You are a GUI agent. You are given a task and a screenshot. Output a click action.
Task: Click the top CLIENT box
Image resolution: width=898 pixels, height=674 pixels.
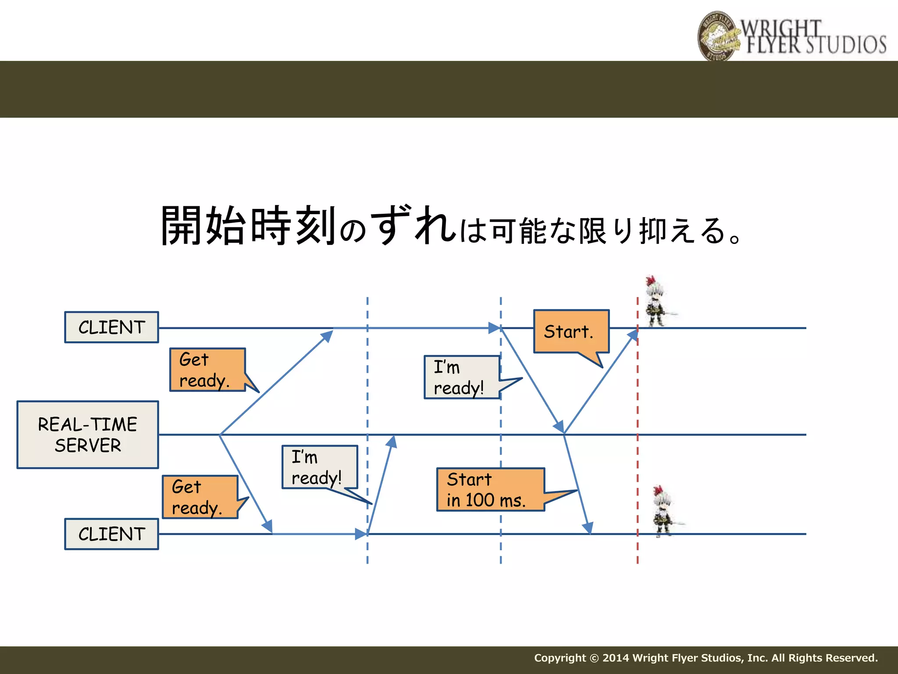[111, 327]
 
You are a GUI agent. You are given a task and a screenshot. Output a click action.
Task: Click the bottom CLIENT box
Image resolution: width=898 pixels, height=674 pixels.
[111, 534]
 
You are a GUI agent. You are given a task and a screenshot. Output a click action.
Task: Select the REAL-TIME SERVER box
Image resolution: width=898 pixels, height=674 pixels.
[88, 435]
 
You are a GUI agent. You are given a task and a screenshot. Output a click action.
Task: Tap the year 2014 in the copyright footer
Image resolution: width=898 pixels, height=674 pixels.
[616, 658]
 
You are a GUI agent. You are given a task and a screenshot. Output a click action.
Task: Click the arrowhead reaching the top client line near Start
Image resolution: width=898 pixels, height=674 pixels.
[633, 335]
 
